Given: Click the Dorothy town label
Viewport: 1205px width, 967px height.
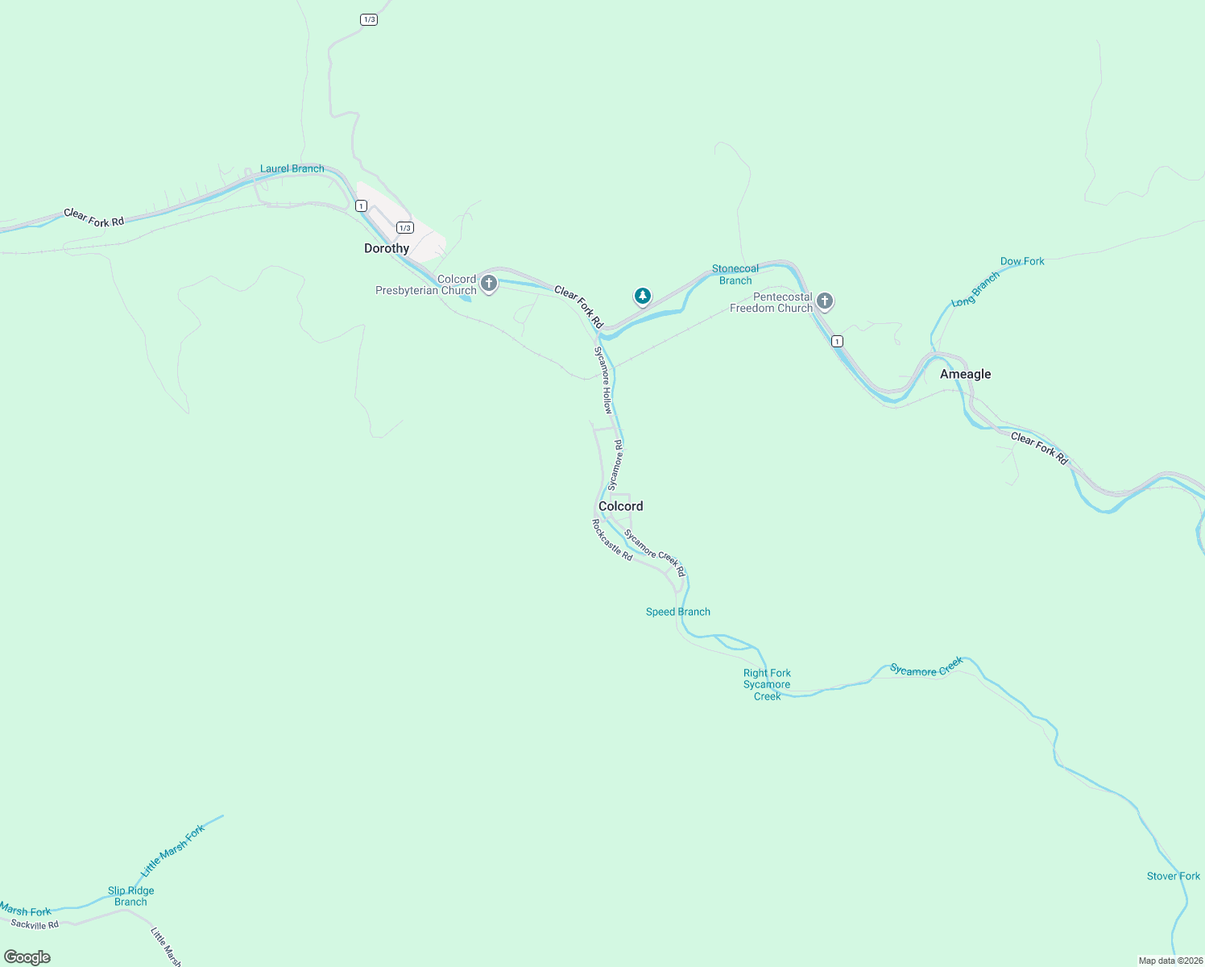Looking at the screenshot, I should click(x=387, y=248).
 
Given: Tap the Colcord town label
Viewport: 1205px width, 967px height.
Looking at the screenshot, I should click(x=620, y=506).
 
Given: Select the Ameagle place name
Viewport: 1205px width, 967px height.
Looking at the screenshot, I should click(x=965, y=374).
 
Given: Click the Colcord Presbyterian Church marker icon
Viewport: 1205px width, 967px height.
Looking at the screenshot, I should click(x=489, y=283).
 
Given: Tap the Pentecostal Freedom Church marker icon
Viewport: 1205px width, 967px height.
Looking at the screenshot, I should click(x=824, y=301).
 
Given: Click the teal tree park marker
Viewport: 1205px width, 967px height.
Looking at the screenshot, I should click(x=642, y=297).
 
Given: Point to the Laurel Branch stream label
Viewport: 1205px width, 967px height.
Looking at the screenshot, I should click(x=292, y=168).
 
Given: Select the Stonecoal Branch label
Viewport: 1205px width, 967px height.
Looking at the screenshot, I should click(x=735, y=275).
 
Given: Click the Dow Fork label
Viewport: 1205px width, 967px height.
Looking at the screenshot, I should click(x=1021, y=261).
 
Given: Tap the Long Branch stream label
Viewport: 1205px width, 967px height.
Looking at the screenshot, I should click(x=975, y=289).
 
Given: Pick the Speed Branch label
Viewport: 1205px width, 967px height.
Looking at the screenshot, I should click(x=677, y=612).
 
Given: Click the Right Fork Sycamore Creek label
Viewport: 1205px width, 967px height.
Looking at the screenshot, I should click(x=767, y=684).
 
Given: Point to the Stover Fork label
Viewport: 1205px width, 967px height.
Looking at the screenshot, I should click(x=1173, y=876).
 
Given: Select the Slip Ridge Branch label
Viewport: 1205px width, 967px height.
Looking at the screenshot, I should click(x=130, y=896).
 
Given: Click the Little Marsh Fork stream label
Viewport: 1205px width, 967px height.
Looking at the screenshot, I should click(x=173, y=851).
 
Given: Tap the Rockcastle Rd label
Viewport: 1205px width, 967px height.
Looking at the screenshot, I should click(x=612, y=540).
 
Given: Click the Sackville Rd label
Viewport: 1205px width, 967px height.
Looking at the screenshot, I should click(x=35, y=924).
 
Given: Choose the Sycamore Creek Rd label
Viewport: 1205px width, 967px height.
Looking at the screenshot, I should click(x=654, y=553).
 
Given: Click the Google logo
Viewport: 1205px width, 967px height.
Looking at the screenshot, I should click(x=27, y=957).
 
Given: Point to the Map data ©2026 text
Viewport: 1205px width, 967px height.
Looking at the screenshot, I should click(x=1170, y=961).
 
